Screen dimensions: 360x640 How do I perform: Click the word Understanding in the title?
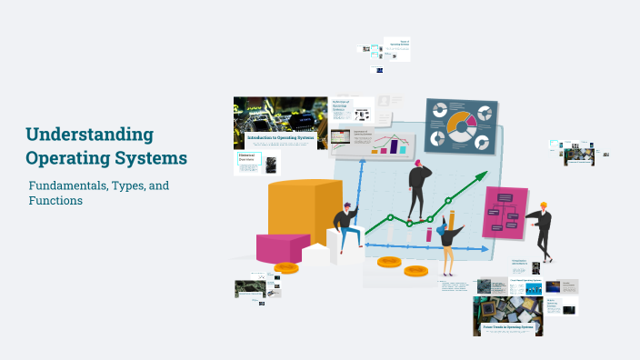[89, 135]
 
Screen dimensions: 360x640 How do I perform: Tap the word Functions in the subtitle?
[56, 200]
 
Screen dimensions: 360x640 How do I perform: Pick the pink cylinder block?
[282, 247]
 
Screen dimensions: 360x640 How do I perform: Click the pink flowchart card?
[505, 213]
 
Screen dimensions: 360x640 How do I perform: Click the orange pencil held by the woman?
[452, 220]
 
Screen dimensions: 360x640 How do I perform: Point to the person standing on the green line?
[419, 188]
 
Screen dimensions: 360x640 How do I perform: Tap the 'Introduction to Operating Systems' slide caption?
[280, 138]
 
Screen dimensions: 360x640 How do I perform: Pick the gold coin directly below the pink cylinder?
[286, 267]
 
